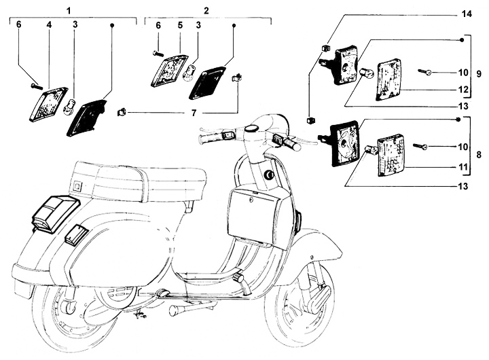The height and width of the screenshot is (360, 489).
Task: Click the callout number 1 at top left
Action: (69, 11)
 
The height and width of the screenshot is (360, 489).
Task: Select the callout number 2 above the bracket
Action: (206, 11)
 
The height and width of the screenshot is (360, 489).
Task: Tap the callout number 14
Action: (466, 14)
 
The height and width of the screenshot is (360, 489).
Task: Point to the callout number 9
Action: (479, 73)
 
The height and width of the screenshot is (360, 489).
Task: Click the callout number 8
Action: (479, 155)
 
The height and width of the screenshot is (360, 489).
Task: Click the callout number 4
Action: (48, 25)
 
